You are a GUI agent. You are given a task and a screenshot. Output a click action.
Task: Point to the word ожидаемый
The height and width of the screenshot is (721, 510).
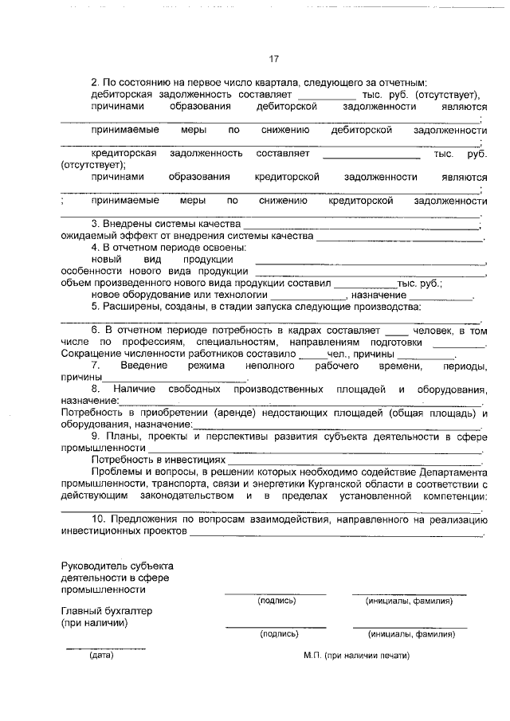pyautogui.click(x=85, y=237)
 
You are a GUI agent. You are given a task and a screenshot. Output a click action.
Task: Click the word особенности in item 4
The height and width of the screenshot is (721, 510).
pyautogui.click(x=89, y=271)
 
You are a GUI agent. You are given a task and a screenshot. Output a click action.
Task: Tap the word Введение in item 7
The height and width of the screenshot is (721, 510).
pyautogui.click(x=143, y=365)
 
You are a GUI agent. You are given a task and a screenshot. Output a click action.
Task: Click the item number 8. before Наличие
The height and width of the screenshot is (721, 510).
pyautogui.click(x=95, y=389)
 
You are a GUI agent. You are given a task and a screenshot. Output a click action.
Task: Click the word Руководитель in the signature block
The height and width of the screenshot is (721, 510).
pyautogui.click(x=92, y=566)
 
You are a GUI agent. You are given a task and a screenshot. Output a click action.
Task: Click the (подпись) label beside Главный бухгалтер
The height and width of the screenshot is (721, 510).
pyautogui.click(x=278, y=634)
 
